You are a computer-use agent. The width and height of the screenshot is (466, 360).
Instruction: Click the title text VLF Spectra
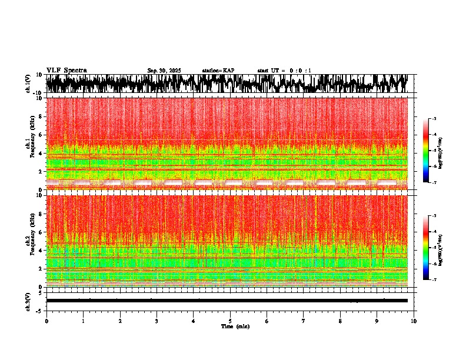coord(66,70)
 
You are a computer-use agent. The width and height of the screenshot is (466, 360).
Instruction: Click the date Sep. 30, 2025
coord(164,71)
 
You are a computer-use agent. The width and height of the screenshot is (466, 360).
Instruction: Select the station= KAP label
coord(218,71)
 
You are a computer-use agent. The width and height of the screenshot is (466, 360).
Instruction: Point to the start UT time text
coord(284,71)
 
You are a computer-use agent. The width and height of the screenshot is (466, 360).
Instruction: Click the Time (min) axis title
coord(235,326)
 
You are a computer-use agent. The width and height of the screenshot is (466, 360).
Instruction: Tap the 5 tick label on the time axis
coord(230,321)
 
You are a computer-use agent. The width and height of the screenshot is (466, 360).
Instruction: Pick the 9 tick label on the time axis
coord(377,321)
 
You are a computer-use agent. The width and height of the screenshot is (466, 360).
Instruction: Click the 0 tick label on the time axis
coord(46,321)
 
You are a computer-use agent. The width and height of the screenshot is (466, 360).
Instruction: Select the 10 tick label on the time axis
coord(414,321)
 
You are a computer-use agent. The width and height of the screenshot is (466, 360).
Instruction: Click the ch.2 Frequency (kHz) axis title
coord(31,241)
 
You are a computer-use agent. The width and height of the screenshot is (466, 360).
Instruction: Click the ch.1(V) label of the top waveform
coord(28,84)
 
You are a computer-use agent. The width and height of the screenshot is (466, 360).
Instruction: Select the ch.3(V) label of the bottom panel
coord(28,300)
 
